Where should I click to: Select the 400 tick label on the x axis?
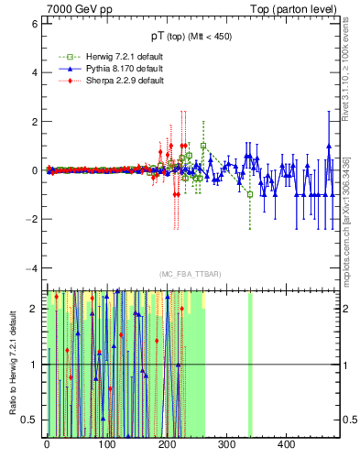(286, 445)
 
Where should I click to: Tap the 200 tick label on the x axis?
(167, 445)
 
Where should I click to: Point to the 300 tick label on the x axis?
(226, 445)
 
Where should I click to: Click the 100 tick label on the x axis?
(106, 445)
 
